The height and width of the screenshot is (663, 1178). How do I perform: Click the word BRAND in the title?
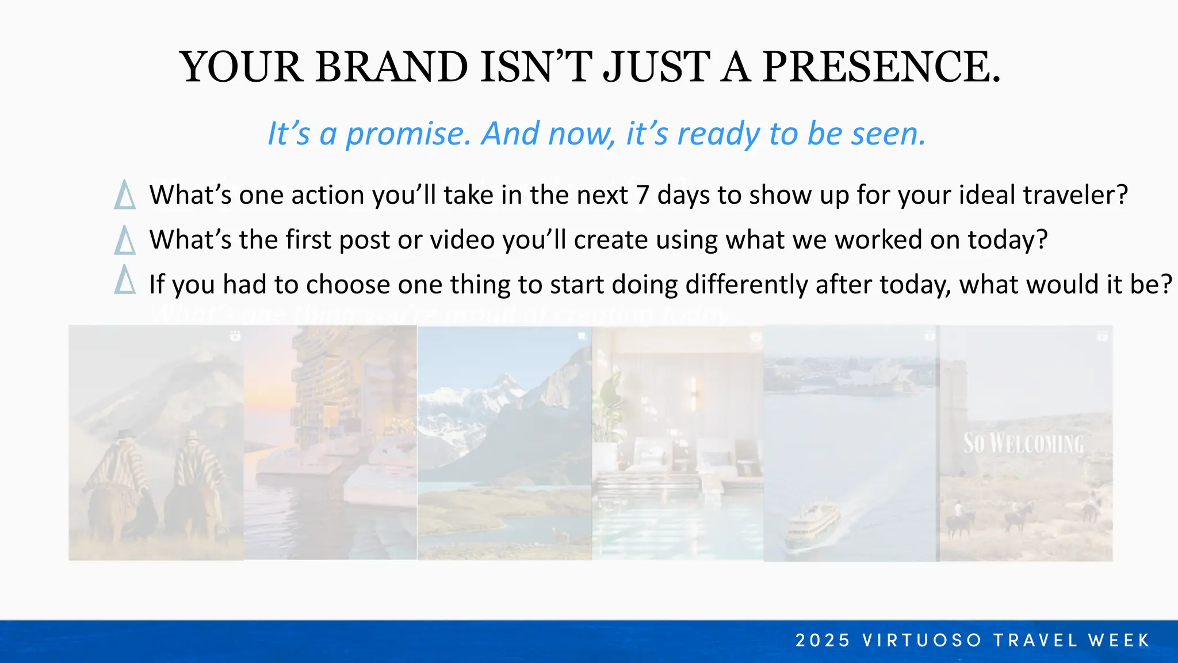tap(391, 67)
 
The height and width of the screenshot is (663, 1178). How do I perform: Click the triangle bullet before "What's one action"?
tap(125, 195)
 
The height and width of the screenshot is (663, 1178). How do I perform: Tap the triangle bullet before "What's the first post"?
tap(125, 240)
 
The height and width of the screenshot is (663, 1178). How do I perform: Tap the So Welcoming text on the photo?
tap(1023, 444)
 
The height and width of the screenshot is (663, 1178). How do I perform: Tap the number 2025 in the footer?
tap(823, 641)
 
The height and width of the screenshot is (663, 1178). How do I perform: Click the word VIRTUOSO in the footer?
tap(922, 641)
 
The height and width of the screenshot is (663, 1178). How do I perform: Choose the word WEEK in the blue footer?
tap(1119, 641)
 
